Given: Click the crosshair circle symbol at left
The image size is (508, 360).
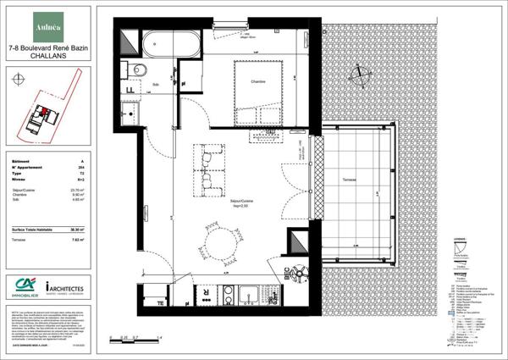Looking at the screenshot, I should pos(19,80).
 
